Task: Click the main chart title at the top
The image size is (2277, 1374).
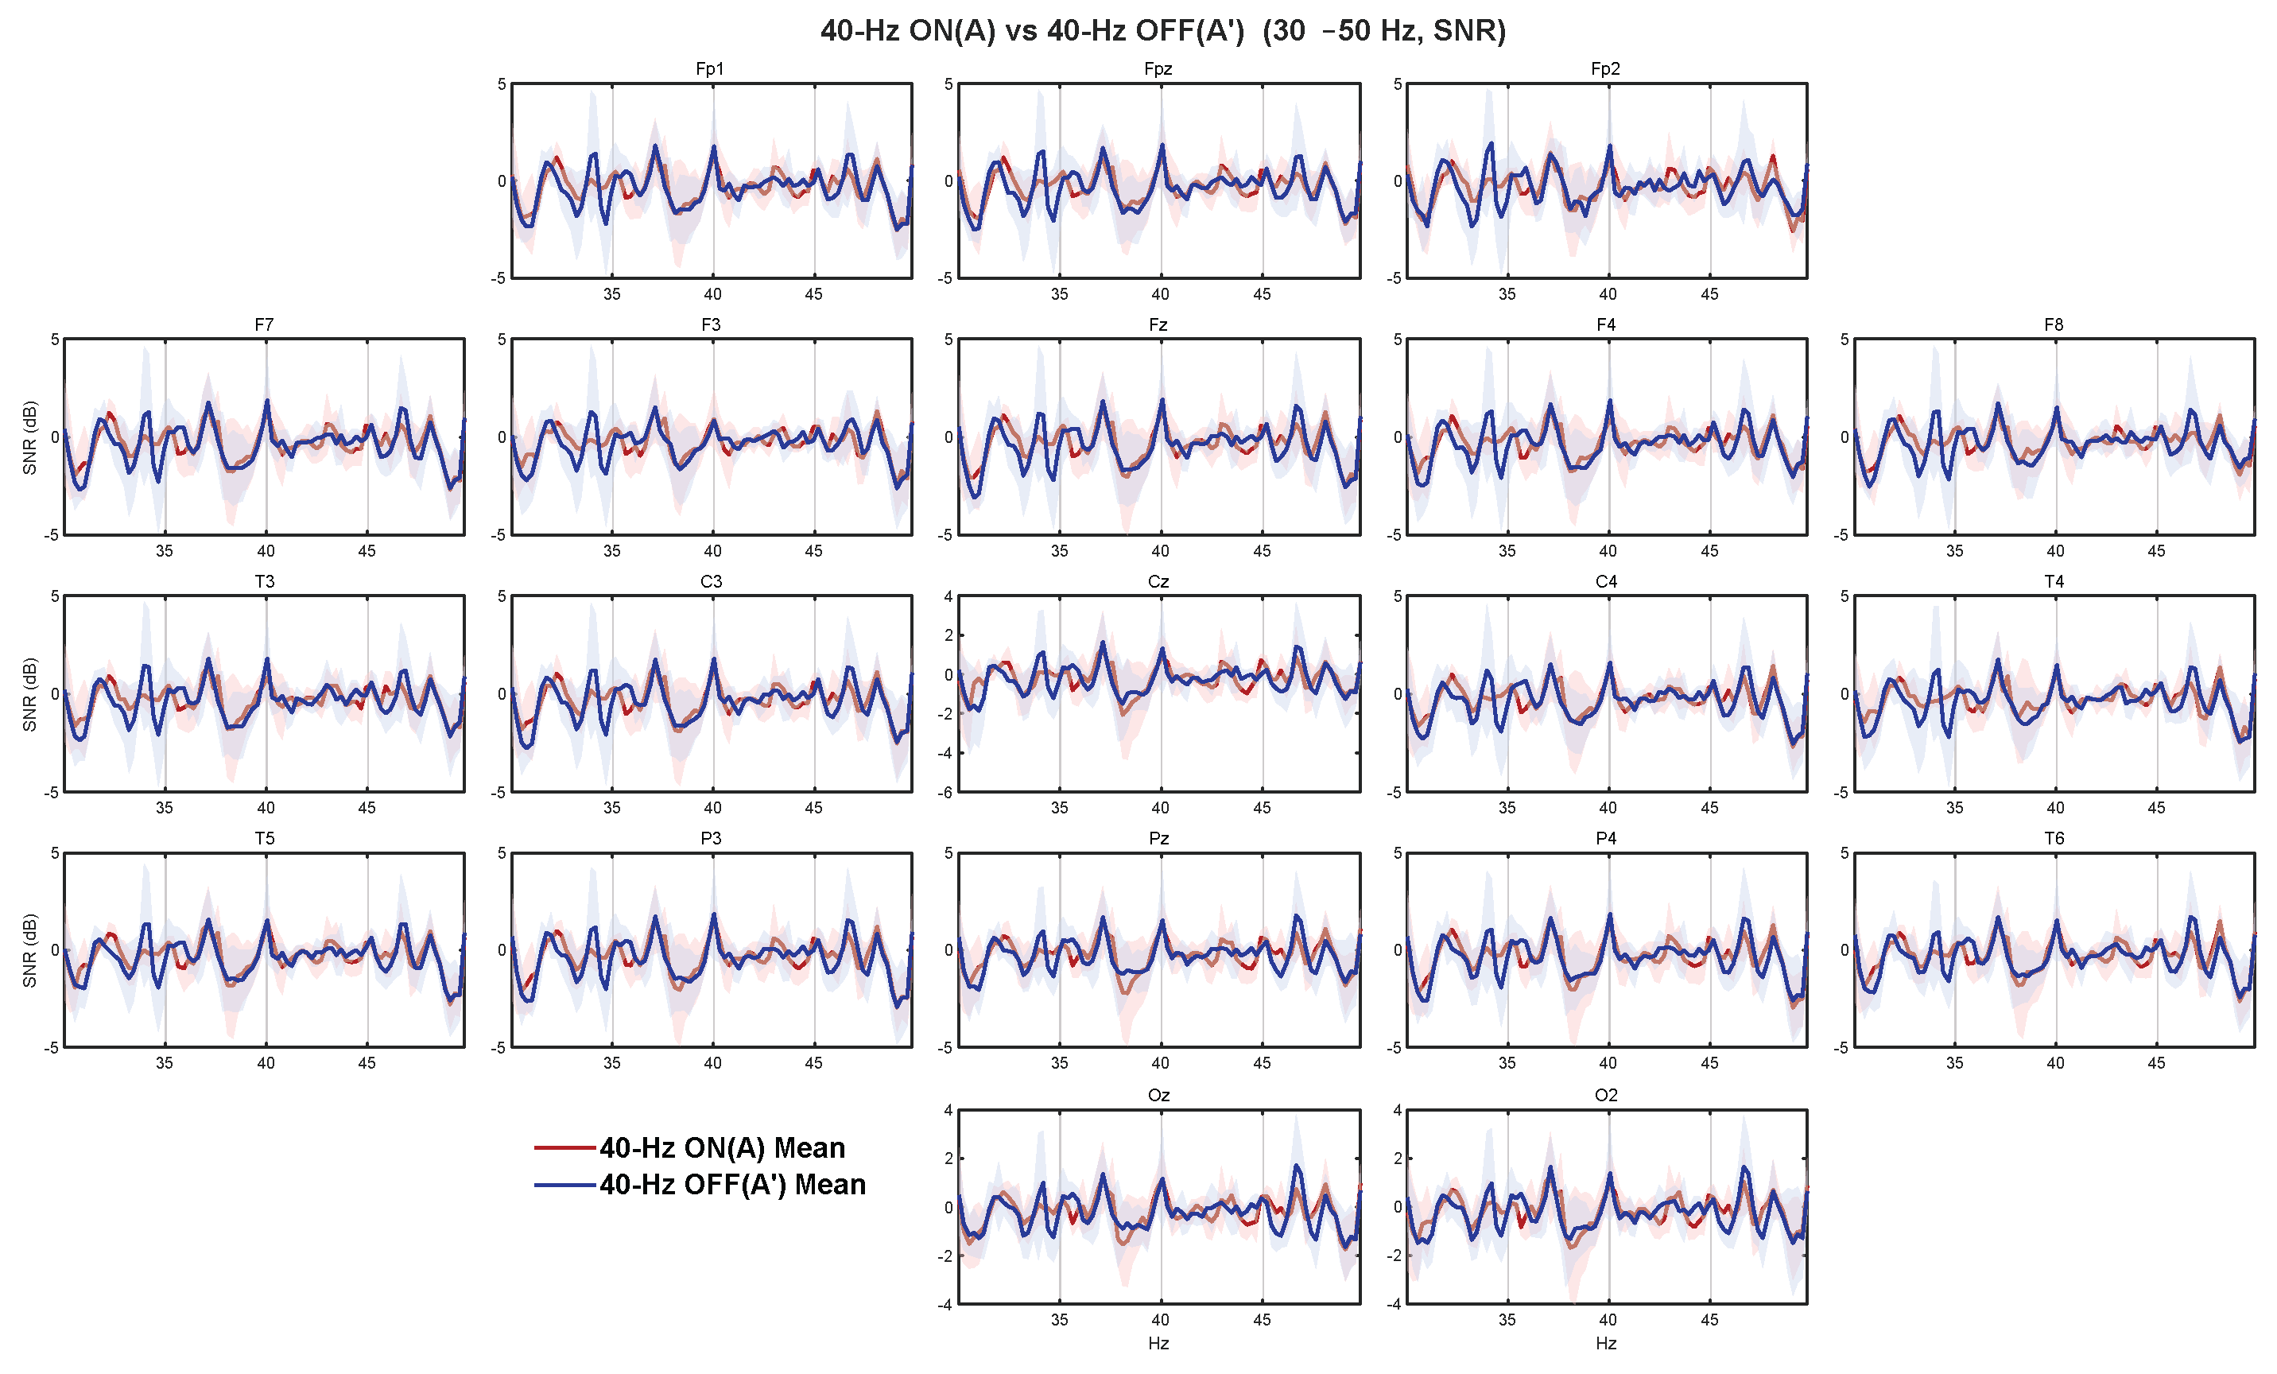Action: pos(1162,30)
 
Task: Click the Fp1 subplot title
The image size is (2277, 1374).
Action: pos(710,69)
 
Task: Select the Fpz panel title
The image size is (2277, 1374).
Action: pos(1158,69)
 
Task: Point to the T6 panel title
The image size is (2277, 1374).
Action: pos(2054,838)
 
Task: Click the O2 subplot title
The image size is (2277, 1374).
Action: pos(1606,1095)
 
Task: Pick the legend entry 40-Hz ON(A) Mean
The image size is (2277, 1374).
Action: pos(722,1147)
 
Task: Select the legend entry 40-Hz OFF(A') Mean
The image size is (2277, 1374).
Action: pos(732,1185)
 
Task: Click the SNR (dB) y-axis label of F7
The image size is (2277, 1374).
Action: pos(29,437)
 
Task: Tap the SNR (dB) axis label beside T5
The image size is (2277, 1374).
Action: pos(29,950)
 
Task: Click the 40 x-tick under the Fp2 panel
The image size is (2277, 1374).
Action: pos(1608,294)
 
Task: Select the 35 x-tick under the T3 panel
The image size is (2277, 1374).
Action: pos(165,808)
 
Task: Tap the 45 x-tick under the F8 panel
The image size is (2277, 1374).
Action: pos(2156,551)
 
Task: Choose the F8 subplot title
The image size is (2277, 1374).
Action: pos(2054,325)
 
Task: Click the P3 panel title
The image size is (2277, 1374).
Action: pos(711,838)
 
